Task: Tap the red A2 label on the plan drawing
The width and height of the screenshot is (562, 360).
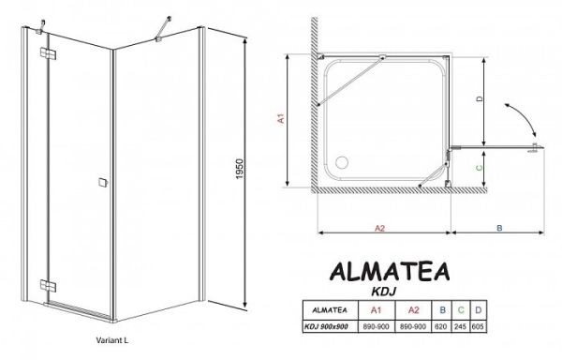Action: click(380, 227)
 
